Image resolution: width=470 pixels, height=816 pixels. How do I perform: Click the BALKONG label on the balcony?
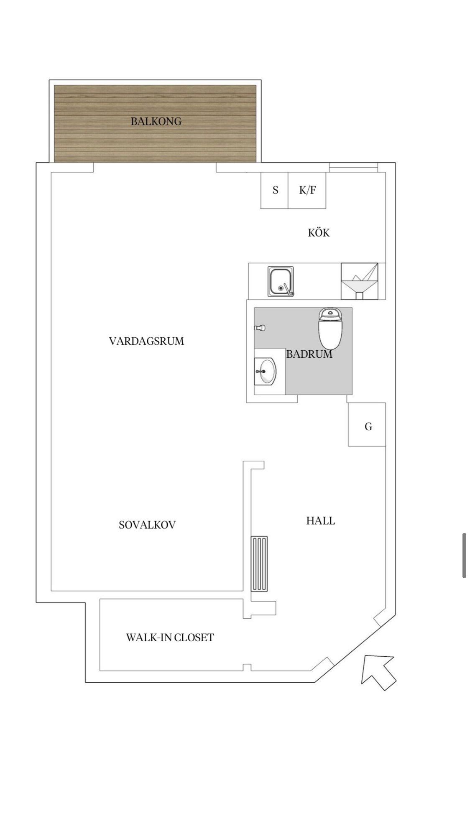(x=156, y=122)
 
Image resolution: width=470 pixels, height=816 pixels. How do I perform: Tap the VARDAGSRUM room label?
(x=146, y=341)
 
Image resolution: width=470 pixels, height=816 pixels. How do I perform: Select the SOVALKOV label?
(x=147, y=525)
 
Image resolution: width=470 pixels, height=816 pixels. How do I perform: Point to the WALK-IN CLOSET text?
(x=170, y=637)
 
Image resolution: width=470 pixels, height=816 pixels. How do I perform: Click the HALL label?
(x=321, y=521)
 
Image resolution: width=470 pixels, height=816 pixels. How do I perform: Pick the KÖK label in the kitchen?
(x=319, y=232)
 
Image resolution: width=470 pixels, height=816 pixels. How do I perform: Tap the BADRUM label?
(x=309, y=354)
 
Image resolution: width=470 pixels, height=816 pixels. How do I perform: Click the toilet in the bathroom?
(x=330, y=328)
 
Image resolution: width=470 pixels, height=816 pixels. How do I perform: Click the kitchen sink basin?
(x=281, y=281)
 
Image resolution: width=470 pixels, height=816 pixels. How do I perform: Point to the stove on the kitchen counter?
(x=360, y=281)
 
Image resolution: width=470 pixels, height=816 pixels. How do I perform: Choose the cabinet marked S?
(x=274, y=190)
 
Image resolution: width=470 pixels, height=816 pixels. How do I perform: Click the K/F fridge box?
(x=307, y=190)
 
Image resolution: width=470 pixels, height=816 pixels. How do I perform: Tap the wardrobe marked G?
(x=367, y=424)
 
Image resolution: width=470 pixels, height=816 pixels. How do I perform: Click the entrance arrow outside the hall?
(x=378, y=672)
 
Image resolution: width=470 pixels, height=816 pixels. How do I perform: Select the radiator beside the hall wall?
(x=259, y=564)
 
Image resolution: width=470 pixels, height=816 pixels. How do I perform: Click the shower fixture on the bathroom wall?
(x=260, y=328)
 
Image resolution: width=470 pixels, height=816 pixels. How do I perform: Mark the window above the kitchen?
(x=353, y=167)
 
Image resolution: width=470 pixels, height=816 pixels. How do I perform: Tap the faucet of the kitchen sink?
(x=287, y=290)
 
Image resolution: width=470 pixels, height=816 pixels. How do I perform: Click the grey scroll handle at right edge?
(x=464, y=556)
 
